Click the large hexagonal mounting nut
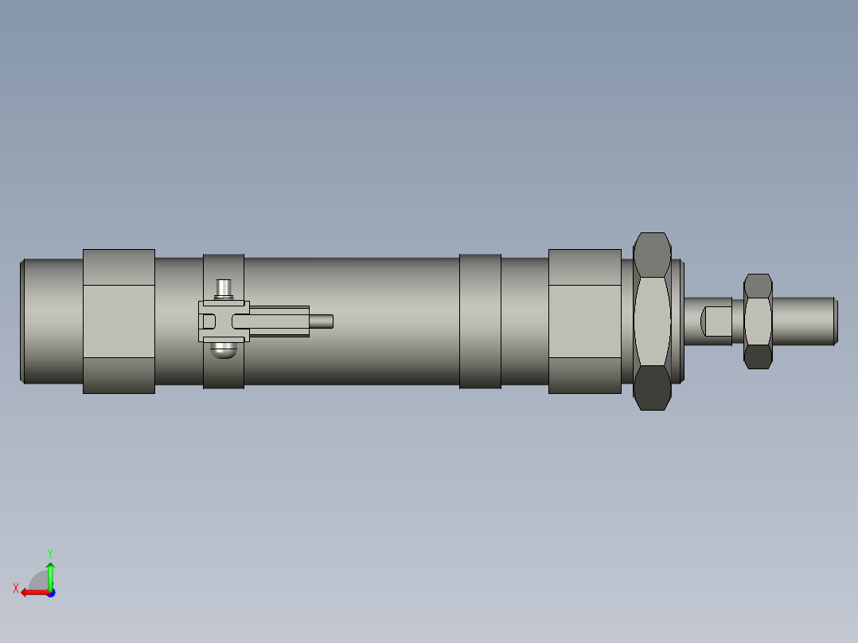click(652, 321)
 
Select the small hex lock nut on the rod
click(758, 321)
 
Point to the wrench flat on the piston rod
click(716, 321)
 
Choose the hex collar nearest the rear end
click(119, 321)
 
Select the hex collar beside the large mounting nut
click(584, 321)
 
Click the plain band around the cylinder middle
click(480, 321)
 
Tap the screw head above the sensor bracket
click(224, 288)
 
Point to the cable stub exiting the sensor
click(322, 321)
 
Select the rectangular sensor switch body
click(275, 321)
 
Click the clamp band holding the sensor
click(224, 374)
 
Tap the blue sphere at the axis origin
click(50, 593)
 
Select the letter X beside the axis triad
click(16, 588)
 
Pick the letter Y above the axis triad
click(49, 552)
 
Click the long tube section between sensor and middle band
click(390, 321)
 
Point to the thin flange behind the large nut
click(677, 321)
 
